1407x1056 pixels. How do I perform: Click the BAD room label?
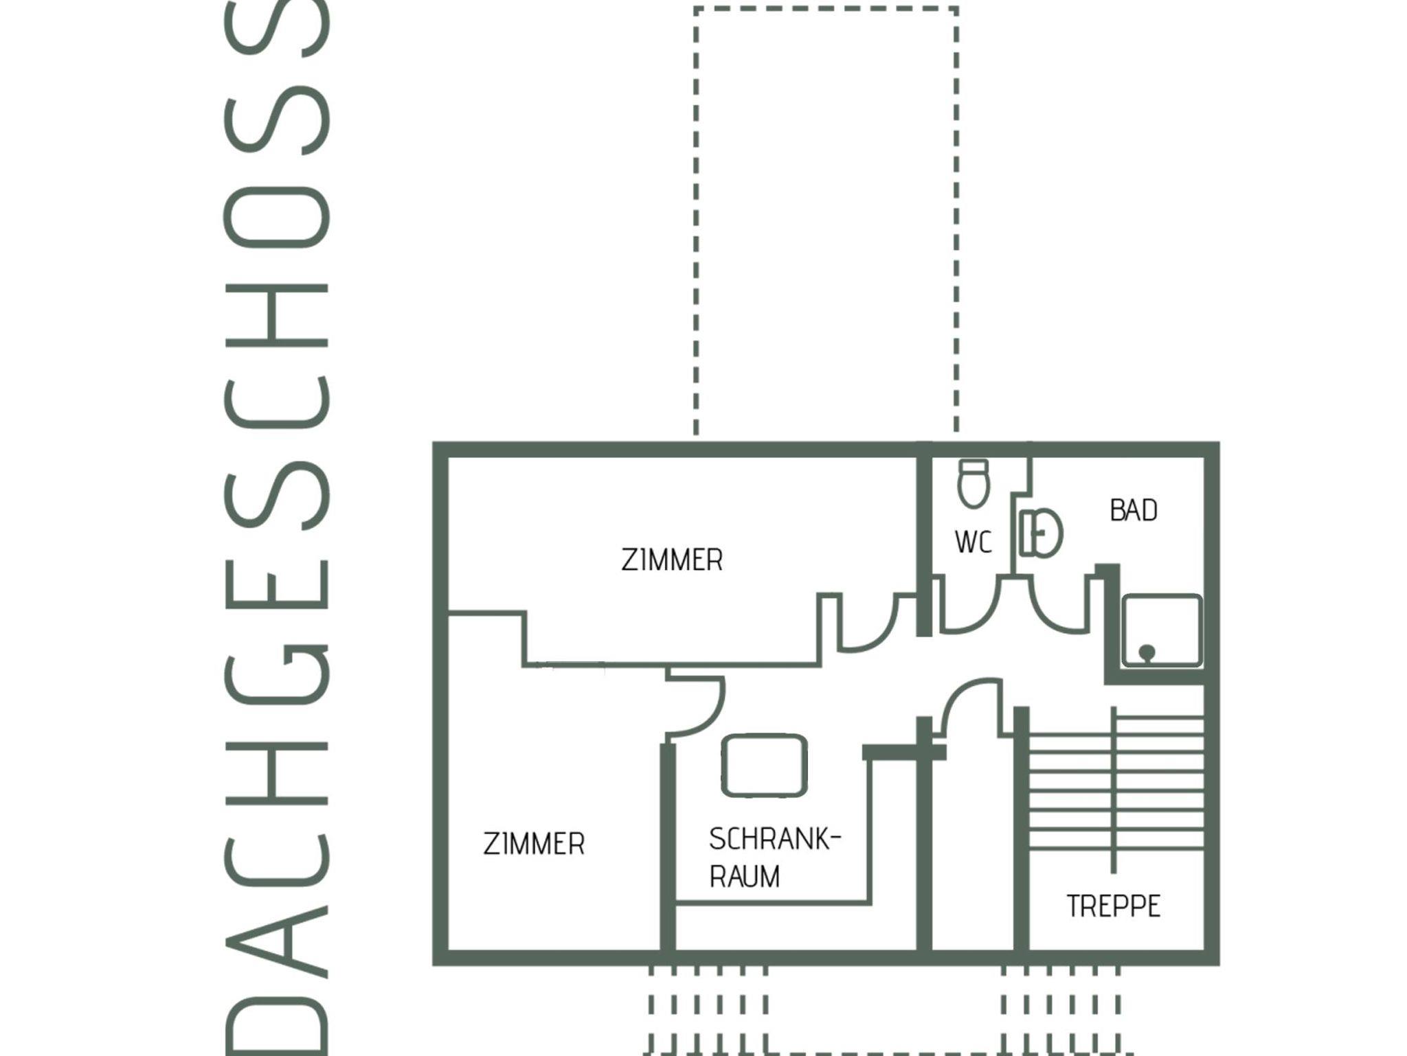pos(1133,511)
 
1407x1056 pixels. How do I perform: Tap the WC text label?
pos(973,542)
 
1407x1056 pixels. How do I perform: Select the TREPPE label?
pos(1113,906)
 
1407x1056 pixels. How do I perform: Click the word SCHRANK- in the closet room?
pos(774,839)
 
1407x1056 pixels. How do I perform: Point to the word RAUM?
pos(744,877)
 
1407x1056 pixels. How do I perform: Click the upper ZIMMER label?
pos(672,560)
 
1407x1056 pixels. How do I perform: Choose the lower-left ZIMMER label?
pos(534,844)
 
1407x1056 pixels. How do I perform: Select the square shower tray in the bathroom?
pos(1162,630)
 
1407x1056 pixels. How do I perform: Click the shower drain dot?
pos(1147,652)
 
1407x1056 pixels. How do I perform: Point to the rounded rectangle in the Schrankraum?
pos(764,765)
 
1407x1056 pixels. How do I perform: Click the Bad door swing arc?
pos(1051,615)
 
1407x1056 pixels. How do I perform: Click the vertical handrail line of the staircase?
pos(1113,790)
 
